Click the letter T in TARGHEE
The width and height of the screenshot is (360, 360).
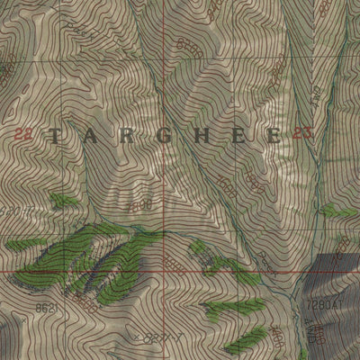pyautogui.click(x=56, y=137)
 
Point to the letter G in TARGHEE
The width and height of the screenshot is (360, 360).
pyautogui.click(x=165, y=137)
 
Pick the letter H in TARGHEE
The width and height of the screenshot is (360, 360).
pyautogui.click(x=201, y=137)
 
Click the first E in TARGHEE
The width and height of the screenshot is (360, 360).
pyautogui.click(x=237, y=137)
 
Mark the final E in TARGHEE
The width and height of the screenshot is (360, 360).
pyautogui.click(x=272, y=137)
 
